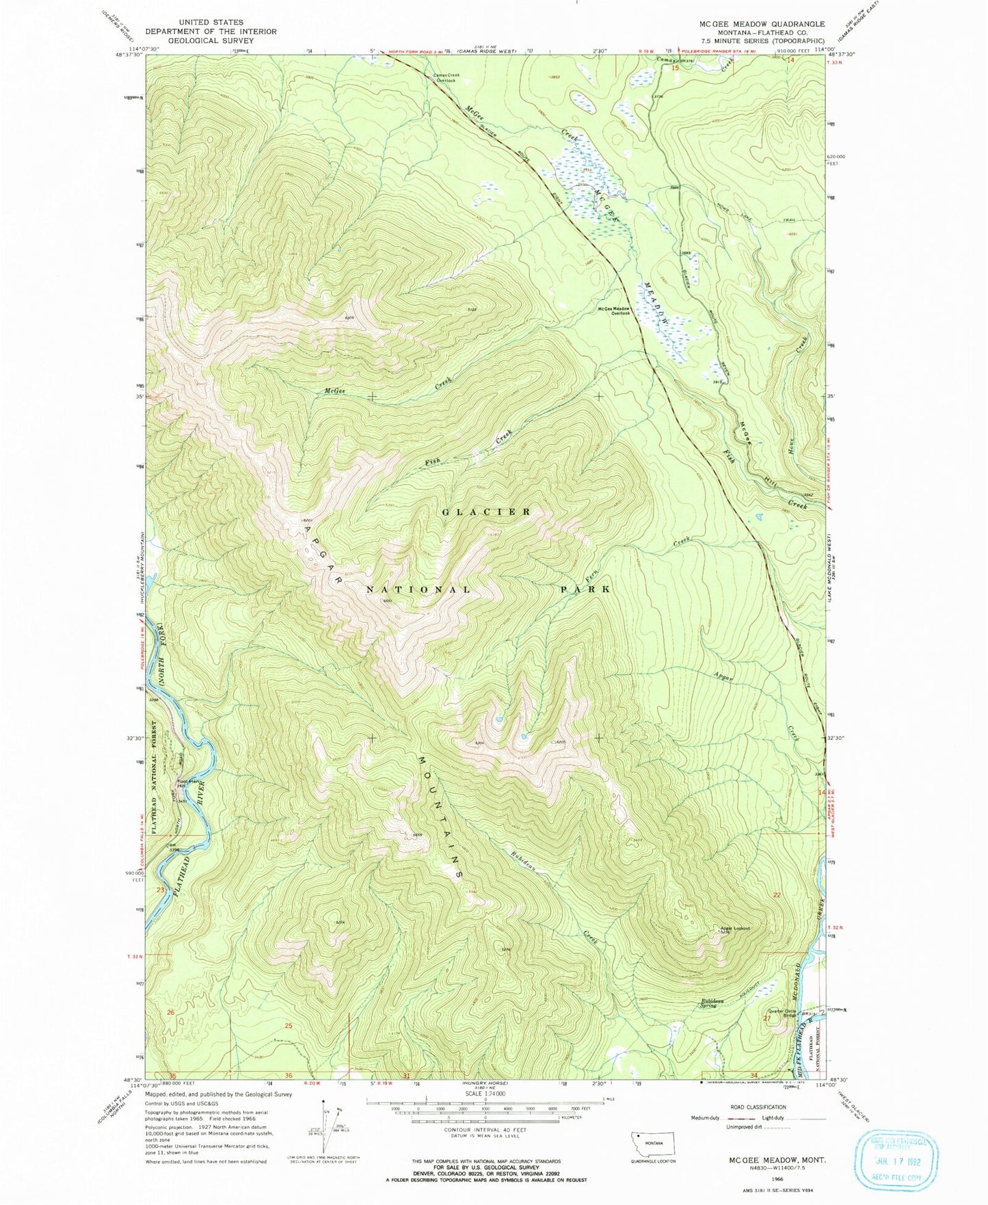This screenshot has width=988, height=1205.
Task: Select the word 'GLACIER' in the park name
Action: tap(486, 512)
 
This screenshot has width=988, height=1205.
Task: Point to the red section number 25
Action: tap(289, 1025)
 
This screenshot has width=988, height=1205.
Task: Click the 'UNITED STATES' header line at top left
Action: tap(211, 23)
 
